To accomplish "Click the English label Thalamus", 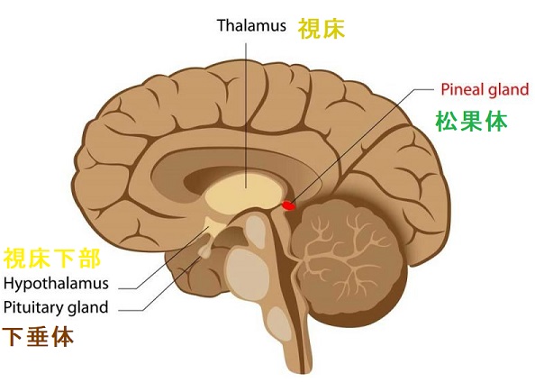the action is tap(251, 25).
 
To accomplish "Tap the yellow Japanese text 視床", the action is tap(322, 28).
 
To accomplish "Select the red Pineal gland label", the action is tap(485, 89).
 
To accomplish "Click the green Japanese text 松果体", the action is tap(472, 122).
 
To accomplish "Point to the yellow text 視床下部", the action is tap(52, 259).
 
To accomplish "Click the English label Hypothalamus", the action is tap(56, 283).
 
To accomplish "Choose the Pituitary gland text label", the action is tap(56, 307).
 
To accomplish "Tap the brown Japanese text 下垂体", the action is tap(38, 337).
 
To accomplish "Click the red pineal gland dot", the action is tap(288, 205).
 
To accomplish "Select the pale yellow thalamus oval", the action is tap(244, 196).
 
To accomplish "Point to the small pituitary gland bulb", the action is tap(205, 252).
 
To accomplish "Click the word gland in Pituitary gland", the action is tap(88, 308).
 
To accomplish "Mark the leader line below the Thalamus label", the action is tap(246, 115).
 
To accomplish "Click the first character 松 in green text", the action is tap(447, 122).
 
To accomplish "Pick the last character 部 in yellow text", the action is tap(90, 259).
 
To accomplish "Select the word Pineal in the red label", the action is tap(463, 89).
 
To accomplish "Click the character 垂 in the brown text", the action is tap(38, 337).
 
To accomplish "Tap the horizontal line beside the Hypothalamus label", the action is tap(128, 288).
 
